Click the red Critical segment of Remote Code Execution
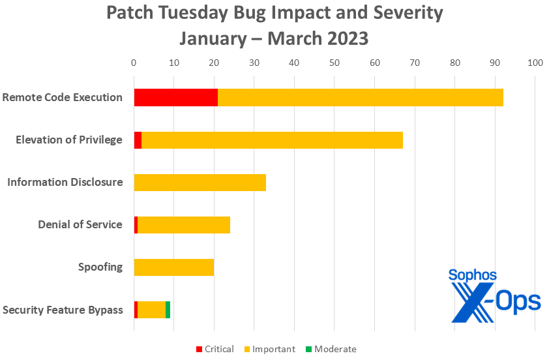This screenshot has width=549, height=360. tap(175, 97)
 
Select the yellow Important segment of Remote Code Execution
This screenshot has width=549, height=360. tap(360, 97)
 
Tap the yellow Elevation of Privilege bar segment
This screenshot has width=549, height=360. tap(272, 140)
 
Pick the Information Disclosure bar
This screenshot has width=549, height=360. tap(200, 182)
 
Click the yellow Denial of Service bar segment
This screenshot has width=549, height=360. tap(184, 224)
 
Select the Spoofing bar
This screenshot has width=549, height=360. tap(173, 267)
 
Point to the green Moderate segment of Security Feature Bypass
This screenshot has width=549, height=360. tap(168, 310)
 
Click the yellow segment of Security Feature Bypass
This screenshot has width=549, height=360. tap(151, 310)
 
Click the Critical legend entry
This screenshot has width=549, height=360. tap(215, 349)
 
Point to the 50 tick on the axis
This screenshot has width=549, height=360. tap(334, 63)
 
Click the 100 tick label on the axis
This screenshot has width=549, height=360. tap(535, 63)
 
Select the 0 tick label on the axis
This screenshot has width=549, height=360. tap(134, 63)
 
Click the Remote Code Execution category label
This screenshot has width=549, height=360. tap(63, 97)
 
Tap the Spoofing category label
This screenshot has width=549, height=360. tap(100, 267)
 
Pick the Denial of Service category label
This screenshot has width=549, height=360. tap(80, 224)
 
